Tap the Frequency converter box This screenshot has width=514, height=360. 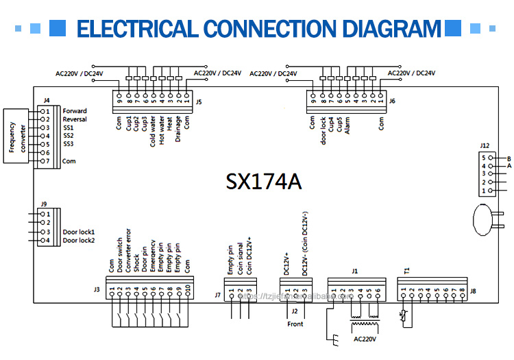(16, 136)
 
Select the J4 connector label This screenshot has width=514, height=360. (46, 100)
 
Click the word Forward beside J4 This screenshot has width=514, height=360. (75, 111)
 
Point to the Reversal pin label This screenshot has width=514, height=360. (75, 119)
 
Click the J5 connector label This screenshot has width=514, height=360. (199, 101)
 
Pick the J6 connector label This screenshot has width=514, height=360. (392, 101)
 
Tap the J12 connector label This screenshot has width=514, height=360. (485, 145)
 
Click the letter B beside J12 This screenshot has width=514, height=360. (509, 158)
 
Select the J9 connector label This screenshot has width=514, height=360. (44, 204)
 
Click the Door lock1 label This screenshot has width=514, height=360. (78, 232)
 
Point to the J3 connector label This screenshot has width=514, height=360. (97, 289)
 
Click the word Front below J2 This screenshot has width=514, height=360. (296, 324)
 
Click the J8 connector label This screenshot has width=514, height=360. (473, 291)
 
